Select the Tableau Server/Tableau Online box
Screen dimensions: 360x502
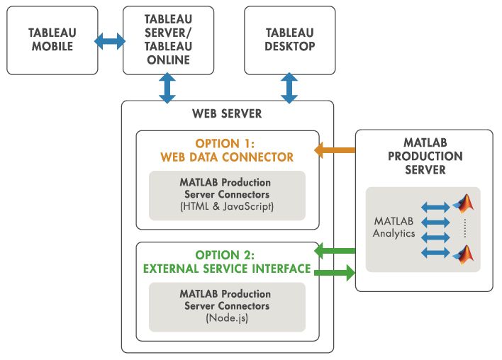pos(168,40)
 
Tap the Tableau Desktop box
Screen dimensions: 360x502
pos(289,40)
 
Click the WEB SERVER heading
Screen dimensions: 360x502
pos(227,113)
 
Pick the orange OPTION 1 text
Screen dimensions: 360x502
pos(227,142)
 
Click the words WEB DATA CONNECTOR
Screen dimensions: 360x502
pos(227,156)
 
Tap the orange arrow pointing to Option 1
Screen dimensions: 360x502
pos(334,150)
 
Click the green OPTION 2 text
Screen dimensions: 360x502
pos(227,254)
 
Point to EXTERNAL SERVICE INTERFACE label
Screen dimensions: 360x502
pos(227,269)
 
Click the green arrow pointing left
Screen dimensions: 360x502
pos(334,249)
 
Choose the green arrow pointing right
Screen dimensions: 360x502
pos(334,271)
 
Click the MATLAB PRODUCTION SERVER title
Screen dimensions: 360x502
pos(424,156)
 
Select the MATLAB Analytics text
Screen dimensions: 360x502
pos(394,227)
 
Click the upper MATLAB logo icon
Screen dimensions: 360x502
pos(464,205)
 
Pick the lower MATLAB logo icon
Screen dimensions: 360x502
pos(464,254)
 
